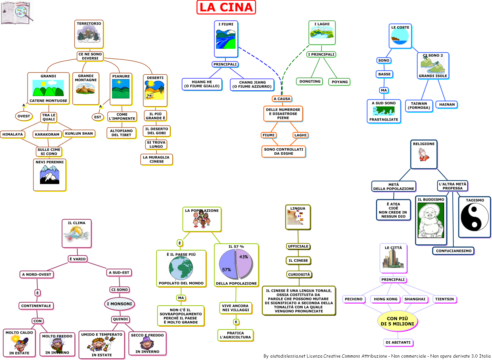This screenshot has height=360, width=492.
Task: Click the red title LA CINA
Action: pos(226,7)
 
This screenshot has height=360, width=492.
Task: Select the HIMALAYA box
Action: pos(13,134)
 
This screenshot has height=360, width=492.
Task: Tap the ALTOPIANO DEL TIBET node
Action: pos(121,133)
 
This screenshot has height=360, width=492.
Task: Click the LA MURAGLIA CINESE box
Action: pos(156,159)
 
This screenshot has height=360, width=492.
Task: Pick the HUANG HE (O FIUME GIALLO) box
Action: pos(202,84)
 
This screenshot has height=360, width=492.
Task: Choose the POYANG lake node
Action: pos(339,82)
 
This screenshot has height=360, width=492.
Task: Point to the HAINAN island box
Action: pos(447,105)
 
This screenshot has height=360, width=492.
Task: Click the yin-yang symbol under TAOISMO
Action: pos(474,217)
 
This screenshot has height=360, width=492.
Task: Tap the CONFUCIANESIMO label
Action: pos(454,251)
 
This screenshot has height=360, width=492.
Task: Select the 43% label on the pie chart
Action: pos(244,257)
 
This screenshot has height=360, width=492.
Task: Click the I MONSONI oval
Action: pos(119,304)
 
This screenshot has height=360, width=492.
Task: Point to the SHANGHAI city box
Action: pos(415,299)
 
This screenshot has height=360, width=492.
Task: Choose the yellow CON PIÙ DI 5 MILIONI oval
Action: pos(397,321)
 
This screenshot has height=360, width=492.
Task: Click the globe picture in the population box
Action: pos(181,268)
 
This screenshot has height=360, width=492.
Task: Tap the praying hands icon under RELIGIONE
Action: pos(423,154)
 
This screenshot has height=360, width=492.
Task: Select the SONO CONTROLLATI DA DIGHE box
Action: pos(284,151)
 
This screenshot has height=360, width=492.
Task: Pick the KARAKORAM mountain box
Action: pos(47,134)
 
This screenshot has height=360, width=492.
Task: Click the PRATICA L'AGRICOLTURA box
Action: pos(235,335)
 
